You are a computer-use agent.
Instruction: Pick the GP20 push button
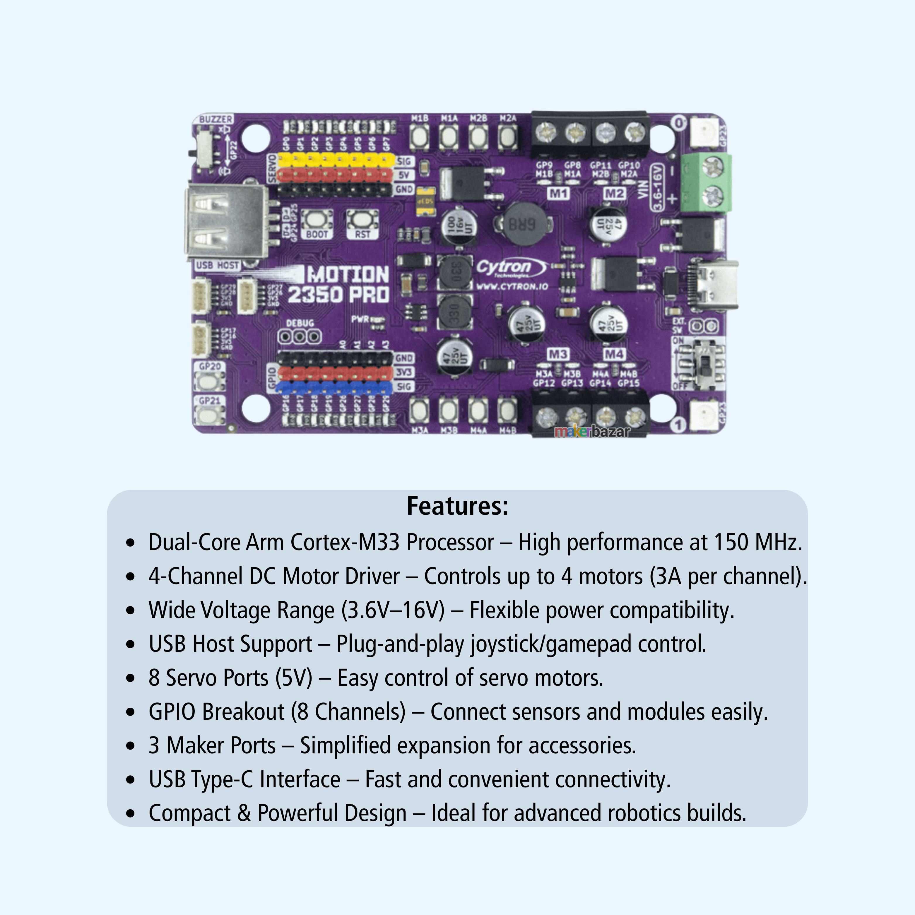click(x=208, y=381)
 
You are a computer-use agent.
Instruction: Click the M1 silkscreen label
click(x=558, y=193)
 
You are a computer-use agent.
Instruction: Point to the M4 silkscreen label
click(x=614, y=354)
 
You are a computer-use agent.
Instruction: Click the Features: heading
click(x=457, y=506)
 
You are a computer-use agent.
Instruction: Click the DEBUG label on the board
click(x=300, y=323)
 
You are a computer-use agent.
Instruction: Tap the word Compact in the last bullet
click(x=189, y=813)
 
